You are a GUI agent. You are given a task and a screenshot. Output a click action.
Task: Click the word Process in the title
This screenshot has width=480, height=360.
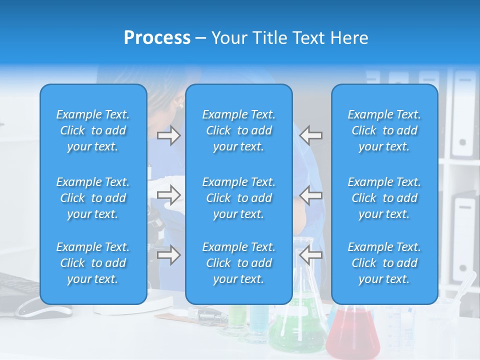point(157,38)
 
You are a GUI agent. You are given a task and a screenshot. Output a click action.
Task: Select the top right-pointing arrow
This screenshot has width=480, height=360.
point(169,135)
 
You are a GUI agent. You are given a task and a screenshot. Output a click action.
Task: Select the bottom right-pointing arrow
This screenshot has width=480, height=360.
point(169,255)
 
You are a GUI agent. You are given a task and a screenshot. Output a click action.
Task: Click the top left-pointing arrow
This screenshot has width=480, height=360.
point(311,135)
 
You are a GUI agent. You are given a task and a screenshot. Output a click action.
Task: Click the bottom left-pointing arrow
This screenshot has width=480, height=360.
point(311,255)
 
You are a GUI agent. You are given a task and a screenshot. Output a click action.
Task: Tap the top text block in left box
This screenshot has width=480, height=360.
point(93,130)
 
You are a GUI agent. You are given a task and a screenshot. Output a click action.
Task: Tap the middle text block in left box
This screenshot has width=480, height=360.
point(93,198)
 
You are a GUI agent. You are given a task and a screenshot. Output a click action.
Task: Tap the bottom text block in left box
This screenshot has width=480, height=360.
point(93,263)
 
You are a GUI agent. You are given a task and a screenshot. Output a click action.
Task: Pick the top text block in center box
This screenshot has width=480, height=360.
point(239,130)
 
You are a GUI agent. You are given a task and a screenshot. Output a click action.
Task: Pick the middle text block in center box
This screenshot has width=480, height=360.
point(239,198)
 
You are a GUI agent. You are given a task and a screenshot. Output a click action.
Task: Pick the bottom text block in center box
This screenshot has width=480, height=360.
point(239,263)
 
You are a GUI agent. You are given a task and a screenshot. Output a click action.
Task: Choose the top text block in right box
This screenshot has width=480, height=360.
point(384,130)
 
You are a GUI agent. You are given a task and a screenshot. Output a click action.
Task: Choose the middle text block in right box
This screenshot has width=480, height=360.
point(384,198)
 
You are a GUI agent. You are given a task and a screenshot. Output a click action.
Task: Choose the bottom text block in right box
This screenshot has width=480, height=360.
point(384,263)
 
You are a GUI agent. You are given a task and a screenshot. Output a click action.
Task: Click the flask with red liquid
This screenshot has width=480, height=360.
point(352,332)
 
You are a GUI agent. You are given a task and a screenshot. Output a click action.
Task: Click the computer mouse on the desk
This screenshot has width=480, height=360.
point(42,311)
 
